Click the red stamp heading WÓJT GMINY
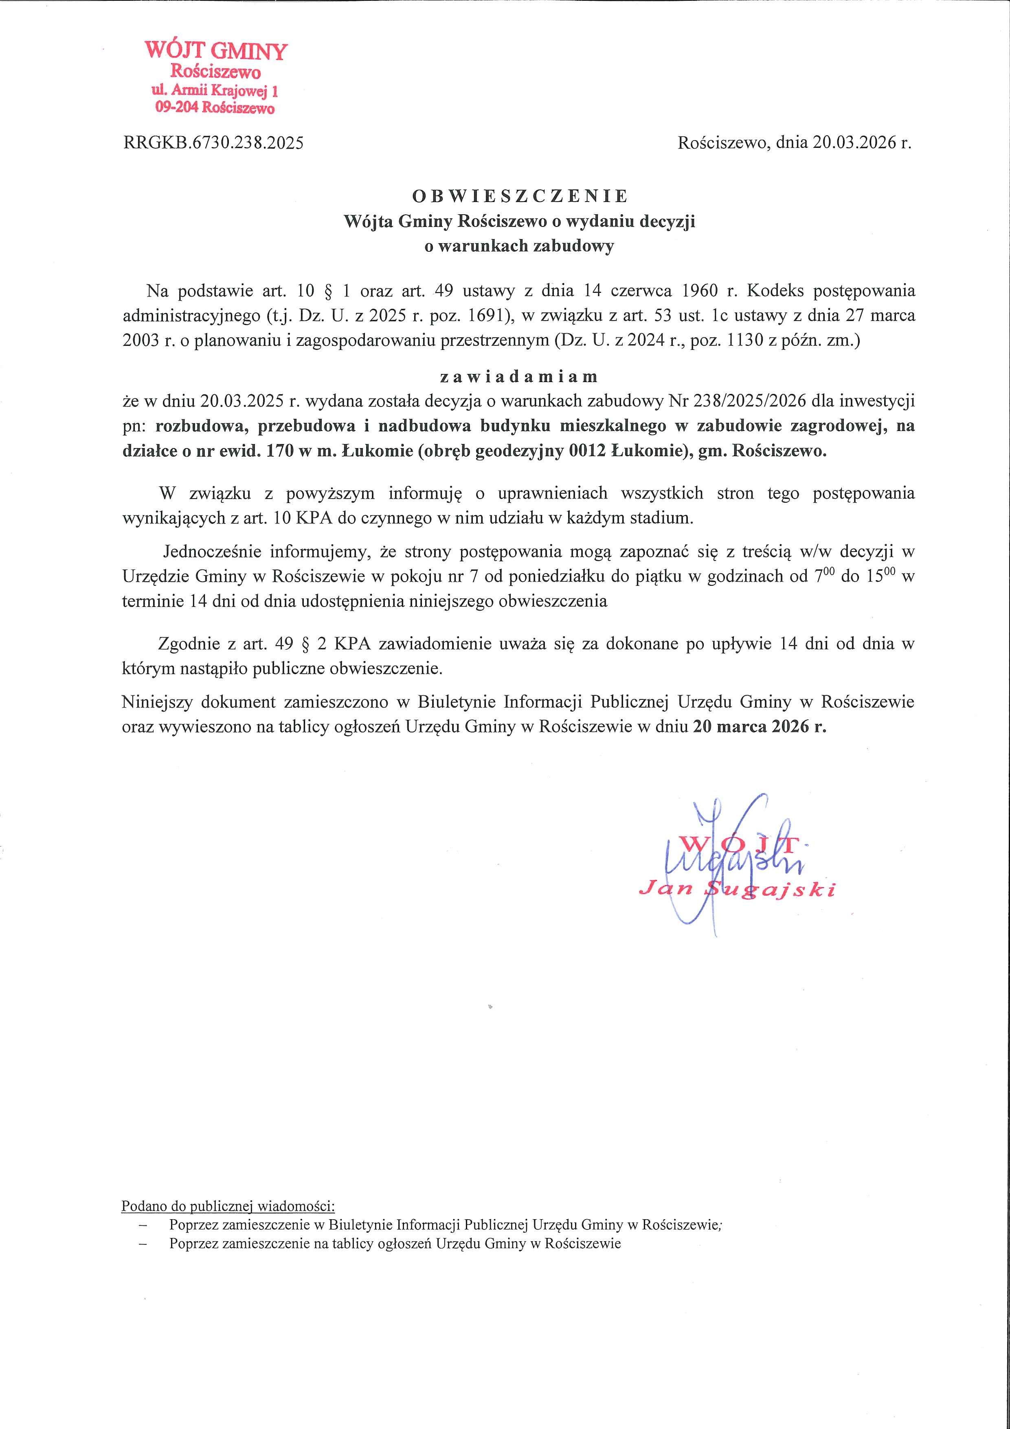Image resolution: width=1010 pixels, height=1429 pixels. tap(215, 51)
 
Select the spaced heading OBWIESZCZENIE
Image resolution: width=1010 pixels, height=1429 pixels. tap(520, 197)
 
